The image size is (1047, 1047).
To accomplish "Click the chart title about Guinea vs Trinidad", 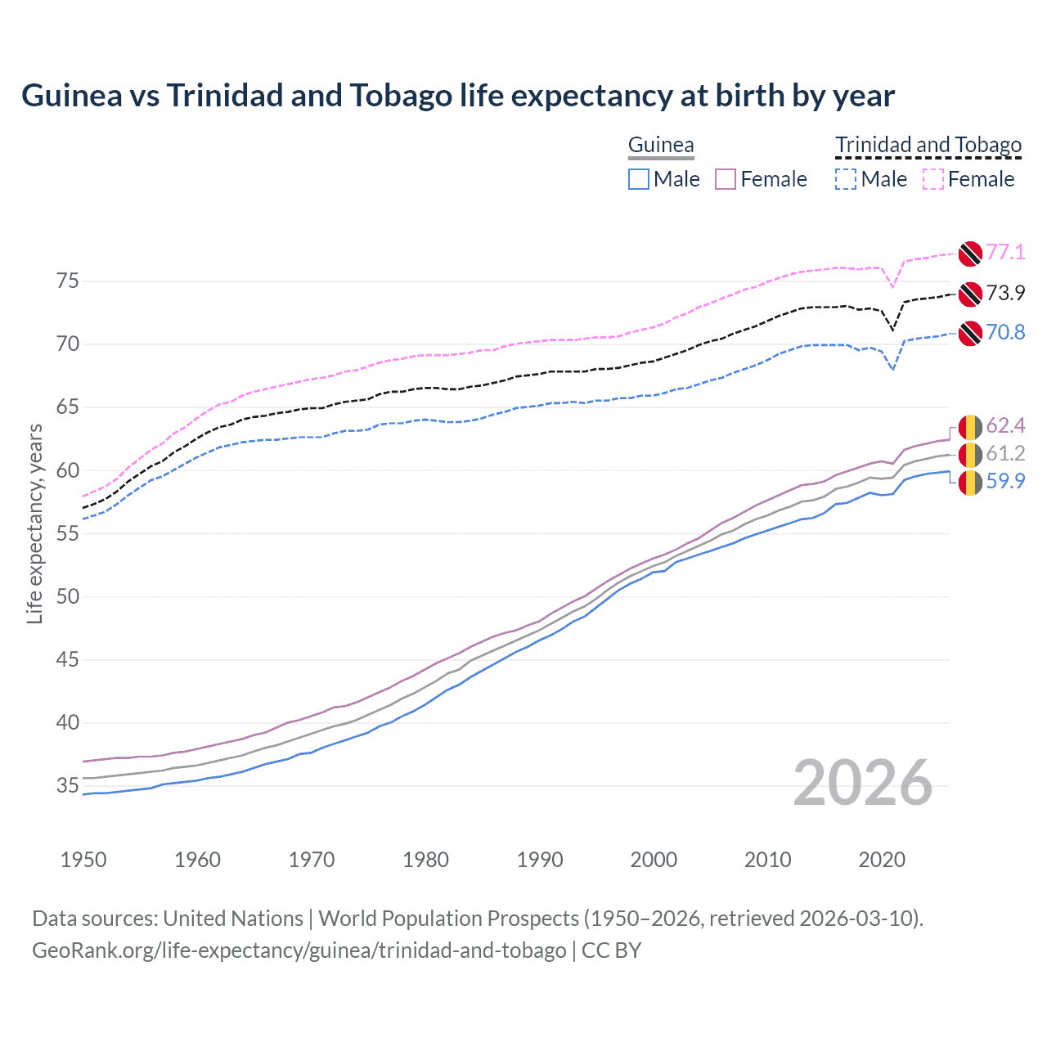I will point(458,96).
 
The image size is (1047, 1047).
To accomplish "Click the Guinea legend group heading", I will point(661,146).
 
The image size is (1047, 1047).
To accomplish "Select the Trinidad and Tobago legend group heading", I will point(928,146).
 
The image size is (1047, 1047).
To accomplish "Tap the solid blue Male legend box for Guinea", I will point(639,179).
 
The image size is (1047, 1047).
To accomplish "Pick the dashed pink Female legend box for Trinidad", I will point(933,179).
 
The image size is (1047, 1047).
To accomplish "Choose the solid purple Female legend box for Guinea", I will point(726,179).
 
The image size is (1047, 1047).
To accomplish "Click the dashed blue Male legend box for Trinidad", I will point(846,179).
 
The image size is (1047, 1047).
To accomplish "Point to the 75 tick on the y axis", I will point(68,281).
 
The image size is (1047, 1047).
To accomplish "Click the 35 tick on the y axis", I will point(68,786).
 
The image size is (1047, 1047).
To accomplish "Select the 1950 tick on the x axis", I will point(83,860).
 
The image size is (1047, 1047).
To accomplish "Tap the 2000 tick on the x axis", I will point(654,860).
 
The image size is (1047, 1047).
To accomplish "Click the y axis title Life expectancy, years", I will point(34,523).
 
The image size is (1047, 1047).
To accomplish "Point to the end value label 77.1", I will point(1005,252).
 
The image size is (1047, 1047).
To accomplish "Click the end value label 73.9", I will point(1005,293).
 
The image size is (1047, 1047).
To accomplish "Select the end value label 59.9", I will point(1005,481).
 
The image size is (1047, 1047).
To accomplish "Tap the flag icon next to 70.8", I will point(970,333).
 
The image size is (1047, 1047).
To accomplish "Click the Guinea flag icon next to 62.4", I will point(970,427).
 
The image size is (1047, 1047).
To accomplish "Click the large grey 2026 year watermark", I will point(863,783).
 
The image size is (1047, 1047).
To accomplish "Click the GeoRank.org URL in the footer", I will point(299,950).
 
